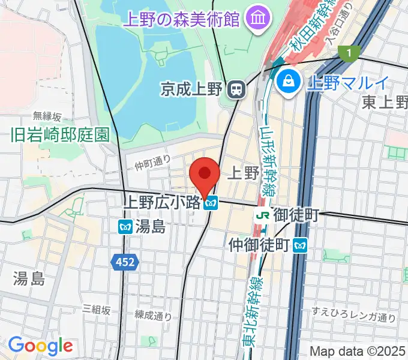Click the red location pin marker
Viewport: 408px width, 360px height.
pos(204,175)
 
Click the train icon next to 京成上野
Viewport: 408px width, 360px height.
pos(237,90)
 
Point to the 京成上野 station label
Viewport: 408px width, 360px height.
pos(192,90)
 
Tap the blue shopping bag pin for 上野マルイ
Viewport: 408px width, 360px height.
pos(289,81)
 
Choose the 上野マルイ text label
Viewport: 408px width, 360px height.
pos(347,82)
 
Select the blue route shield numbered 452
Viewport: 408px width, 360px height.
pos(125,261)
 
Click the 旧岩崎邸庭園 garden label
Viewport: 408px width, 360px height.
pos(61,134)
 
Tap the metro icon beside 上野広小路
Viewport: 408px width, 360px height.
pos(210,204)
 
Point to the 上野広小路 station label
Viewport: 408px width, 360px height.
pos(161,203)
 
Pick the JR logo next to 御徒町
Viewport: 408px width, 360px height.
pos(262,214)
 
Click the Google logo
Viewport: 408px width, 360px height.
pos(40,346)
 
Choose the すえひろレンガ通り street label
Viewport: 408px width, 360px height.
pos(354,317)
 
